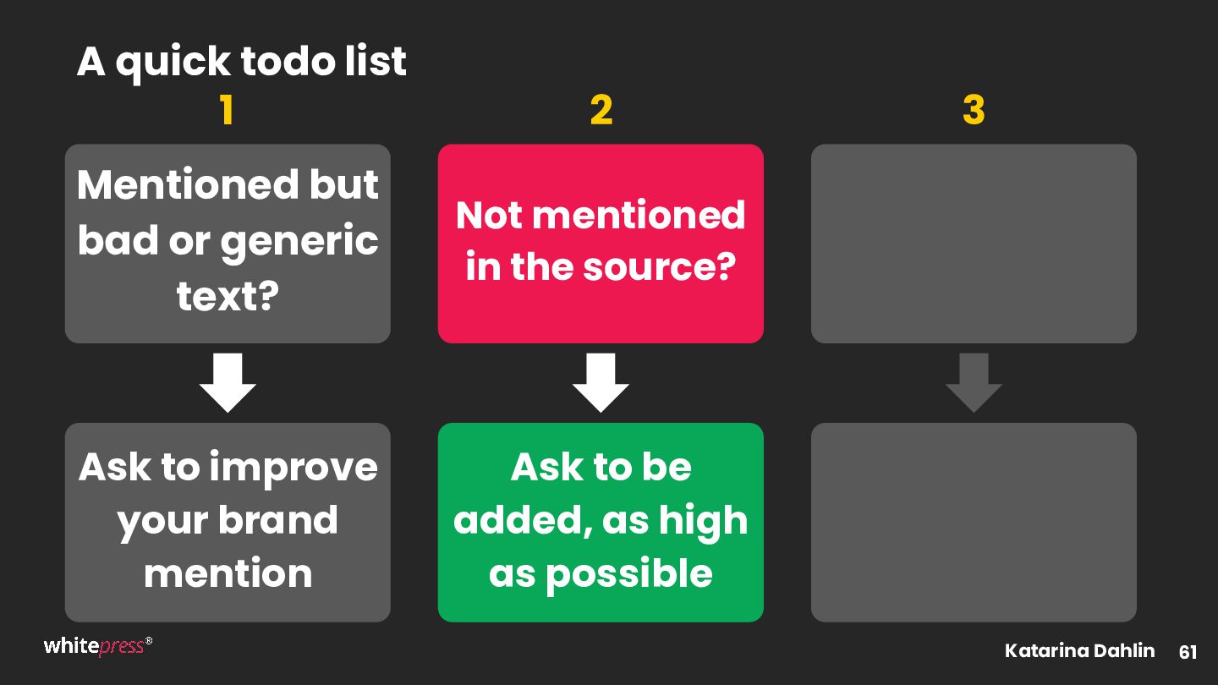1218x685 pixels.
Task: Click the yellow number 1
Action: pos(228,110)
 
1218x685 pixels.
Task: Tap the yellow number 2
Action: pos(601,110)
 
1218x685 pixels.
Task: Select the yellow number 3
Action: pos(974,110)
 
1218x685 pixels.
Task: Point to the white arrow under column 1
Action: pos(228,382)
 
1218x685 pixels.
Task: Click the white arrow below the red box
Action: pos(601,382)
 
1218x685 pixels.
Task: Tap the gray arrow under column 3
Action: pos(974,382)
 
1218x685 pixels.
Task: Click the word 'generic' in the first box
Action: pos(299,241)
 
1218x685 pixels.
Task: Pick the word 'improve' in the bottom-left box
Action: pos(293,469)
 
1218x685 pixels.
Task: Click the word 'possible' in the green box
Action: pos(628,574)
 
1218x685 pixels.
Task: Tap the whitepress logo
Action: pos(98,646)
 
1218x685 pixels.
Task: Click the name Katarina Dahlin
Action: pos(1079,650)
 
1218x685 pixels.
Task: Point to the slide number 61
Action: pos(1188,652)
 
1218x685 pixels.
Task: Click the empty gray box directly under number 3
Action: pos(974,244)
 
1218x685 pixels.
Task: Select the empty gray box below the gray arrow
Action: pos(974,523)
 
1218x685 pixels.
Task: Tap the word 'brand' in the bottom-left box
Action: pos(277,520)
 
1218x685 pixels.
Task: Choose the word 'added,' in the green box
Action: pos(523,521)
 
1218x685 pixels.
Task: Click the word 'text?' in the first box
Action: pos(228,296)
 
